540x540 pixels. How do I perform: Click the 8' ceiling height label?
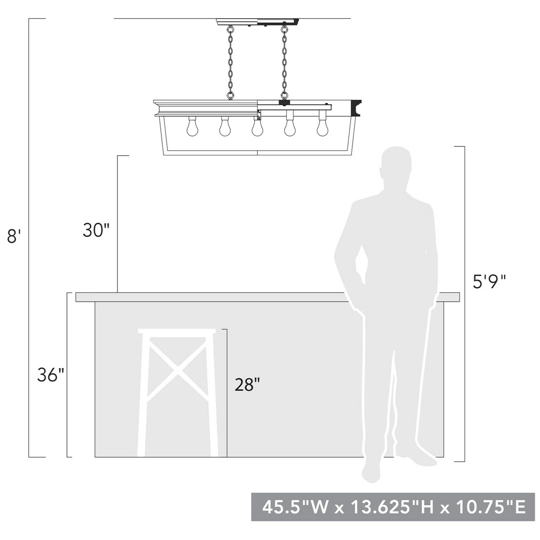14,236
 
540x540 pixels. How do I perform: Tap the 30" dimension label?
95,230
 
